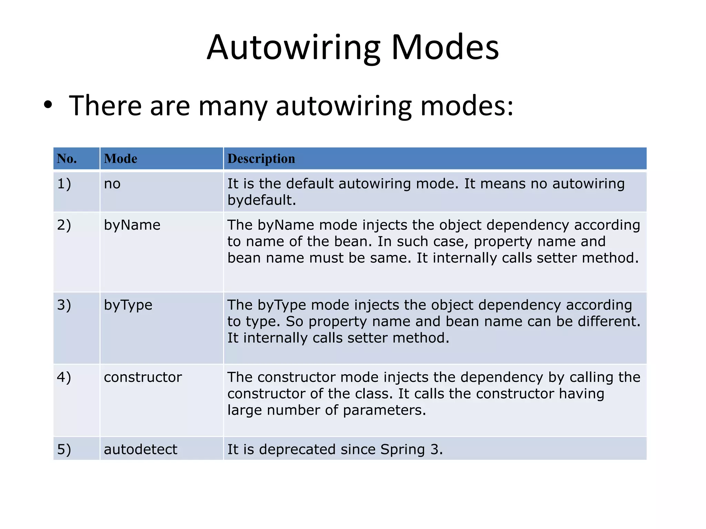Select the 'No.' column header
point(67,158)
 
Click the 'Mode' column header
point(121,158)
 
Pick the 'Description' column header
point(261,158)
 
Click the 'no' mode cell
point(112,184)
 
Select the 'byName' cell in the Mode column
point(132,225)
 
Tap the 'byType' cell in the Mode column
point(128,305)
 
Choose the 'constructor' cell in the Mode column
point(143,377)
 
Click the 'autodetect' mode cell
point(140,449)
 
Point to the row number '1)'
point(64,184)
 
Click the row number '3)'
point(64,305)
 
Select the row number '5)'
point(64,449)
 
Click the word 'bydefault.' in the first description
point(262,200)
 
